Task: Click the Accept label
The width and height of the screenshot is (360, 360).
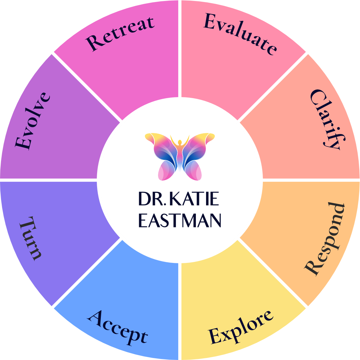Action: tap(118, 326)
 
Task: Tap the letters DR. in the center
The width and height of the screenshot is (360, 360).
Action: tap(151, 200)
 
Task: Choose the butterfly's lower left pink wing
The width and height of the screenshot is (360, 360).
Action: tap(166, 171)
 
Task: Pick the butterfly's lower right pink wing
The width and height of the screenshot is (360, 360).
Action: tap(194, 171)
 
